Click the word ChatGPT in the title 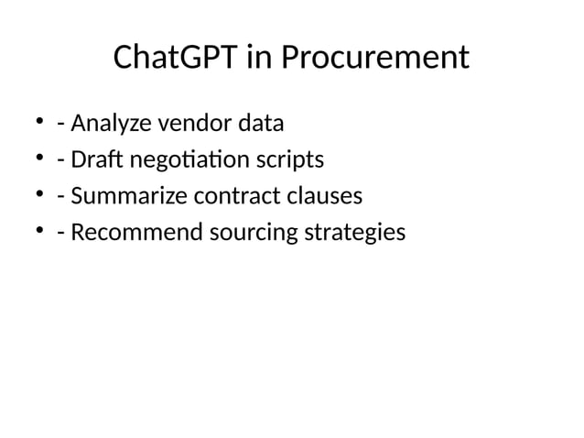coord(175,59)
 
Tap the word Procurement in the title coord(374,59)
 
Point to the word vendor coord(199,123)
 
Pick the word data coord(262,123)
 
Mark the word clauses coord(323,197)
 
